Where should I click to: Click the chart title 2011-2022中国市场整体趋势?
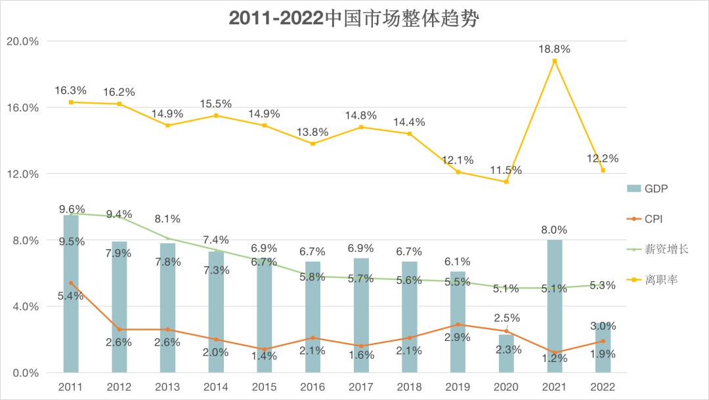[354, 18]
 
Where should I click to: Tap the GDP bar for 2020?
[506, 353]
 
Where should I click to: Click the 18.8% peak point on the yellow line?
[555, 61]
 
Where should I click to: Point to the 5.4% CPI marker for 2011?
[71, 283]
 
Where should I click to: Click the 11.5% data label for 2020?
[506, 170]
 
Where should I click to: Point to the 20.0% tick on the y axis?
[22, 41]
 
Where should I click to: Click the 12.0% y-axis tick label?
[22, 174]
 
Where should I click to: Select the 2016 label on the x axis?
[312, 387]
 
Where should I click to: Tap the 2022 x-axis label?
[603, 387]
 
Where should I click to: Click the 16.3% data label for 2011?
[70, 90]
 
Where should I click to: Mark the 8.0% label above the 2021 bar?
[554, 230]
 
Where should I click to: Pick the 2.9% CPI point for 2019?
[458, 325]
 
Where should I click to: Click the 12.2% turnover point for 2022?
[603, 170]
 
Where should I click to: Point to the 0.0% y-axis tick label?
[25, 373]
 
